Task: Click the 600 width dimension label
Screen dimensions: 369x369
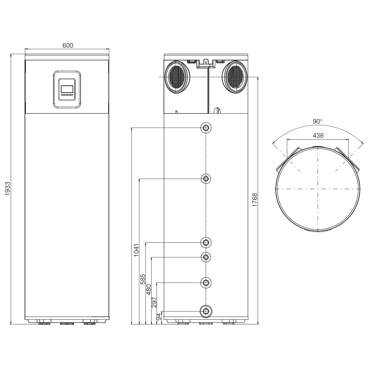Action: click(x=68, y=46)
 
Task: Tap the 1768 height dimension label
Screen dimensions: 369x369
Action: click(x=255, y=200)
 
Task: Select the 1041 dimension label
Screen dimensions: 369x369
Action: click(x=137, y=250)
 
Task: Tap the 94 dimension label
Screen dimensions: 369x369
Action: click(x=159, y=317)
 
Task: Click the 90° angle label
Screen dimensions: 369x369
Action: click(x=318, y=121)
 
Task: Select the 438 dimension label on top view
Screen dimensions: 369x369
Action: click(x=318, y=135)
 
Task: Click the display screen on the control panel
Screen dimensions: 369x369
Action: click(x=67, y=89)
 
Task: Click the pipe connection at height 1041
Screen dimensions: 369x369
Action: click(x=206, y=128)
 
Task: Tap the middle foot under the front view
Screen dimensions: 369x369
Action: click(x=67, y=323)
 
